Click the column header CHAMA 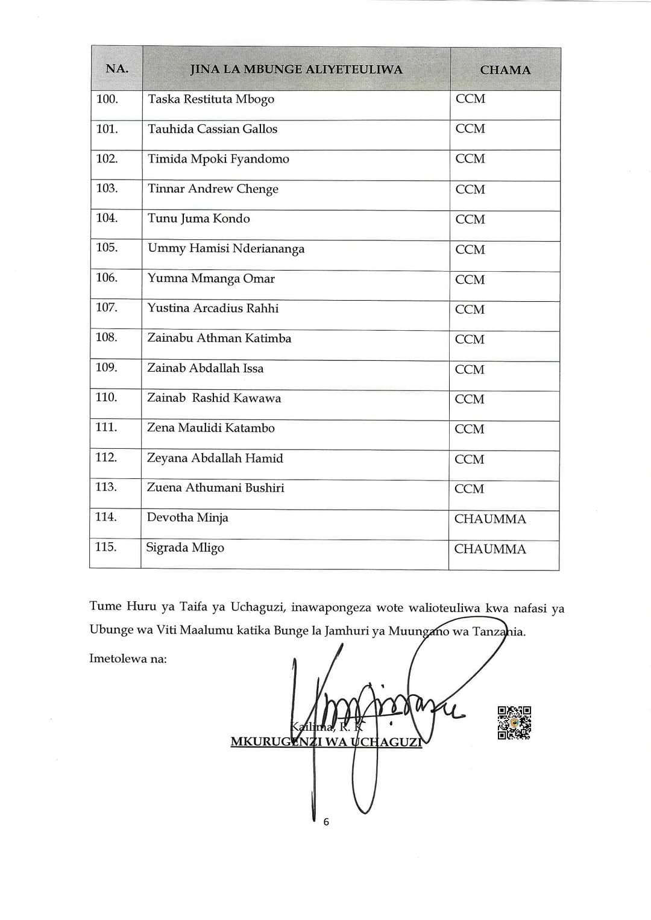pyautogui.click(x=505, y=70)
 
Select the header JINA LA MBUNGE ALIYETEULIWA pyautogui.click(x=296, y=69)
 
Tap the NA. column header pyautogui.click(x=117, y=69)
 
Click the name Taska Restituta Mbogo pyautogui.click(x=211, y=99)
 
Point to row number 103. pyautogui.click(x=107, y=188)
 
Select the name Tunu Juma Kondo pyautogui.click(x=199, y=219)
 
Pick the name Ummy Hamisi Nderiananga pyautogui.click(x=226, y=249)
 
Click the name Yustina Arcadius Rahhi pyautogui.click(x=213, y=308)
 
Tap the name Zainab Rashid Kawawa pyautogui.click(x=214, y=398)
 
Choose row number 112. pyautogui.click(x=106, y=457)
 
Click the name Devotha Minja pyautogui.click(x=187, y=518)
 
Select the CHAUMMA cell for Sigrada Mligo pyautogui.click(x=490, y=549)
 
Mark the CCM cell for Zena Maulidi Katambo pyautogui.click(x=470, y=429)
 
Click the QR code pyautogui.click(x=514, y=722)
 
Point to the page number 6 pyautogui.click(x=326, y=822)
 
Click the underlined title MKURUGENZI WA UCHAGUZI pyautogui.click(x=326, y=742)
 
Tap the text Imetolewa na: pyautogui.click(x=128, y=659)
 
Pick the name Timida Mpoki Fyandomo pyautogui.click(x=218, y=159)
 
